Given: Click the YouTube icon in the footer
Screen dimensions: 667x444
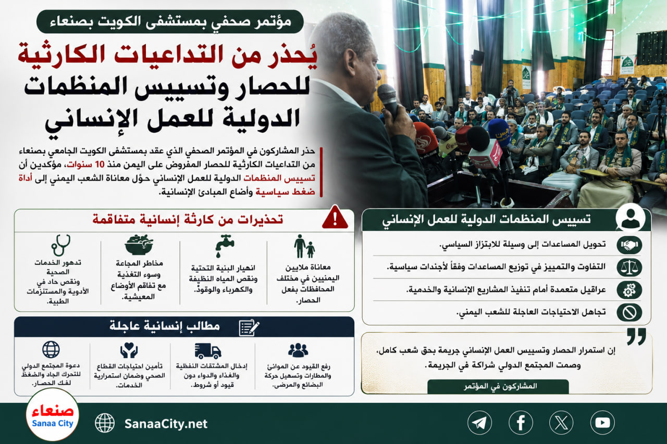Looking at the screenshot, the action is point(602,423).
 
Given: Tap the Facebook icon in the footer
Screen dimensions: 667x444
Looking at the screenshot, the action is point(521,423).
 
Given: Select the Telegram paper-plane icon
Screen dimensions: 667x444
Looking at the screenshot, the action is point(479,423).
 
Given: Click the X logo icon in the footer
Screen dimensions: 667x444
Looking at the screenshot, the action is point(561,423).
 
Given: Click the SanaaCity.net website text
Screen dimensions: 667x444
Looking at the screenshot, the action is point(166,424).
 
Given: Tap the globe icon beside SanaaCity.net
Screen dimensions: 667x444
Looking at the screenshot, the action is point(105,423).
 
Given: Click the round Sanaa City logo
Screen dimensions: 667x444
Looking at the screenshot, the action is point(53,415).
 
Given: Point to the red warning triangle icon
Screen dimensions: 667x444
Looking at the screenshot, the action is point(335,217).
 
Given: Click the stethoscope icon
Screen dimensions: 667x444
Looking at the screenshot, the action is point(61,245).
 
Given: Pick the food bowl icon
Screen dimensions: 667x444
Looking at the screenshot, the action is point(139,245).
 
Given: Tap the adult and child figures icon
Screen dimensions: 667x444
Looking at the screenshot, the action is point(304,246).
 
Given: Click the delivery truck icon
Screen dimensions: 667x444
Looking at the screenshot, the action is point(208,351).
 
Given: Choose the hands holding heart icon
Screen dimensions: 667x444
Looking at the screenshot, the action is point(129,350).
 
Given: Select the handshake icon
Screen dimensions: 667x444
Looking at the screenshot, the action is point(629,245).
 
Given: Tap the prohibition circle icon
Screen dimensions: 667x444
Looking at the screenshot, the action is point(629,312).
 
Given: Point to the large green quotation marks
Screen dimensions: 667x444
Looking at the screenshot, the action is point(637,336).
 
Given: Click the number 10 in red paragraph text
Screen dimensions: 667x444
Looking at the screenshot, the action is point(100,164).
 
